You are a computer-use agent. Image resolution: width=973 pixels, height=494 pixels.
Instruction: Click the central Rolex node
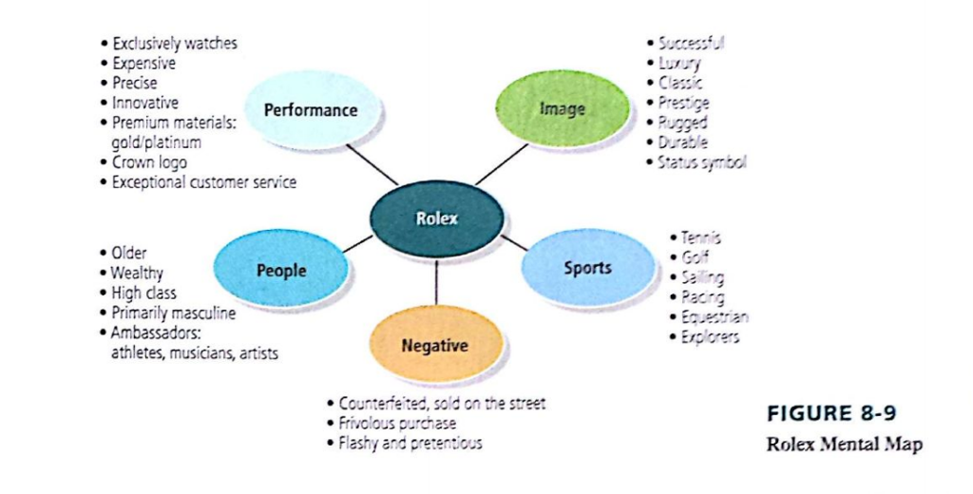[436, 218]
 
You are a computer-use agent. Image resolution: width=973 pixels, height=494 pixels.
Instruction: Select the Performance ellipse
[311, 110]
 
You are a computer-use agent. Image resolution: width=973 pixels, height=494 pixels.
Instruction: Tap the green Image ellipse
[563, 108]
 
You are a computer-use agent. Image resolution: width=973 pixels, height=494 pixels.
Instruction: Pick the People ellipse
[281, 270]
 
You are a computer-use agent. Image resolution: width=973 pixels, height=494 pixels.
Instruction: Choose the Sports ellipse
[587, 268]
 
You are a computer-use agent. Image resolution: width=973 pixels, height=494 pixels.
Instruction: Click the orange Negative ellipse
[434, 346]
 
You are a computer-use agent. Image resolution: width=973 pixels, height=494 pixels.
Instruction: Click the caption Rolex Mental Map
[844, 444]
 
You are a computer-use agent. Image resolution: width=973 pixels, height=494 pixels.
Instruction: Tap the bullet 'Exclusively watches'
[174, 43]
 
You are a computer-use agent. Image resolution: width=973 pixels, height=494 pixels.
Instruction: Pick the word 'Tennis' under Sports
[700, 237]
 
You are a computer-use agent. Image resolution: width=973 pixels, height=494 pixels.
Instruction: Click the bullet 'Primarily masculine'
[173, 313]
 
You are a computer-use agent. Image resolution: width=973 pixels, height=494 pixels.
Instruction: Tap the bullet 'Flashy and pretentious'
[410, 443]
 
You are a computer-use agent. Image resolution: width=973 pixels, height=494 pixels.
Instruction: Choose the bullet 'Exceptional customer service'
[203, 182]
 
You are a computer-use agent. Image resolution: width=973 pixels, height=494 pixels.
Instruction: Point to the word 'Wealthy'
[137, 273]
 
